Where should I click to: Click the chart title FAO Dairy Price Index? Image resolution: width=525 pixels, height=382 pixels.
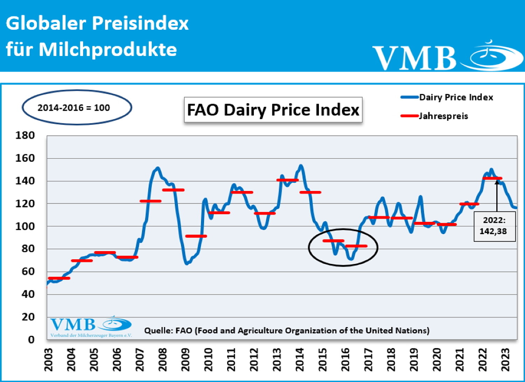273,110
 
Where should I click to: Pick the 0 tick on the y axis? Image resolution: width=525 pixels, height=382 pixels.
31,339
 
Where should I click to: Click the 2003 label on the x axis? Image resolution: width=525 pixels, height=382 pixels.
48,359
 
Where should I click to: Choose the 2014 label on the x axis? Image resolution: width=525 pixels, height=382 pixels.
300,359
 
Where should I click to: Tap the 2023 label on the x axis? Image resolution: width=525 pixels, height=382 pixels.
505,359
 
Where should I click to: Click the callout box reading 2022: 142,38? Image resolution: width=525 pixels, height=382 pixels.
494,226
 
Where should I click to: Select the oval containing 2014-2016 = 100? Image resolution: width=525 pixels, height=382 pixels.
77,108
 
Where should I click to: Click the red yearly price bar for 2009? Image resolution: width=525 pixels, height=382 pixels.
196,236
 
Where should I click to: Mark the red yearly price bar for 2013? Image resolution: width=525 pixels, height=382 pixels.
287,180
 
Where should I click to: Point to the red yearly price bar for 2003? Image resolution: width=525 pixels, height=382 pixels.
59,278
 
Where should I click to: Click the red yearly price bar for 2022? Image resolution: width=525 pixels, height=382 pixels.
492,178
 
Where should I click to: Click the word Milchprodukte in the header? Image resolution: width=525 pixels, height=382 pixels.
108,49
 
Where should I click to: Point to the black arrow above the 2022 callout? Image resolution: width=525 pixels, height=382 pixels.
497,196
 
